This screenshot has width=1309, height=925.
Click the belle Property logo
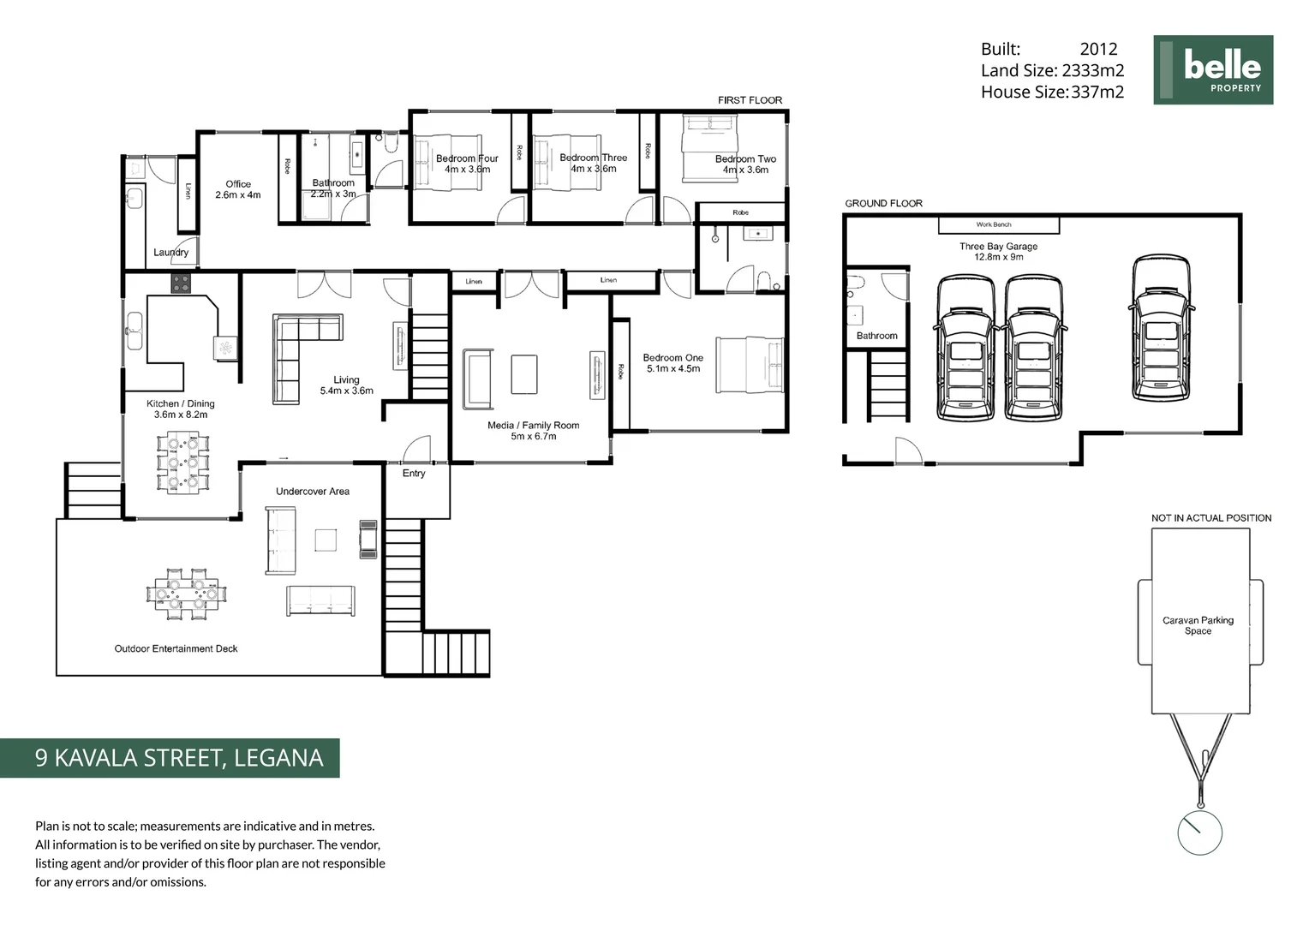(1212, 69)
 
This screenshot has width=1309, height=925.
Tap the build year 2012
(1098, 50)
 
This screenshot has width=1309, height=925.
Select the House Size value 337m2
(1097, 92)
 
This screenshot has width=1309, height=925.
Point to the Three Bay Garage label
(998, 251)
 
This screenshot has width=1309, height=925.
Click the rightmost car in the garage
(1161, 328)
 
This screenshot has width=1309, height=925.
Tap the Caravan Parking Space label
(1198, 625)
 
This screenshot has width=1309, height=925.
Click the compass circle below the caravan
(1198, 832)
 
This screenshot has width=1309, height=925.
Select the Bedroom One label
(672, 363)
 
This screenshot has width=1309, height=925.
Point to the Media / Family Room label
(533, 430)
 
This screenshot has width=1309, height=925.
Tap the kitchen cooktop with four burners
(181, 283)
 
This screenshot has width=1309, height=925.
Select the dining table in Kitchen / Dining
(182, 463)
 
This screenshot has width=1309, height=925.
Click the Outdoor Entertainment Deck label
(176, 648)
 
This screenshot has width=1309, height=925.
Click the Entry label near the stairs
(414, 473)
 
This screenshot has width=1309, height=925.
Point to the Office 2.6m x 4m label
(238, 189)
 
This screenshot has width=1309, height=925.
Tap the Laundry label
(170, 253)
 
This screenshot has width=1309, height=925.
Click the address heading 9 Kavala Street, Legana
(179, 758)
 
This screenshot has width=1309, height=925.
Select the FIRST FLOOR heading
(750, 100)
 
